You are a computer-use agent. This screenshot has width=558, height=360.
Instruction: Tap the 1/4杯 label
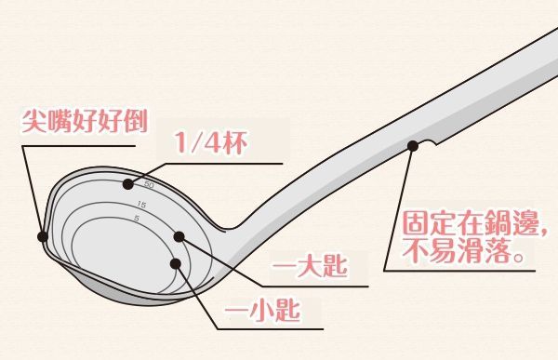pos(209,145)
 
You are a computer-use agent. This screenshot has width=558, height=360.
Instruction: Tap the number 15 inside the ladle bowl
pos(141,204)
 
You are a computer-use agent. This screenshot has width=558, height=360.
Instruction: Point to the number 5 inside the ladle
pos(137,219)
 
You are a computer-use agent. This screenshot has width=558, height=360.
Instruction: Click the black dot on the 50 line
pos(127,184)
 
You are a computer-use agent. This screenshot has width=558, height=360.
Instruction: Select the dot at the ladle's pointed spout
pos(43,235)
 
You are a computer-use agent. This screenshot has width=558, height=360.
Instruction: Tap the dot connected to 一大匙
pos(179,237)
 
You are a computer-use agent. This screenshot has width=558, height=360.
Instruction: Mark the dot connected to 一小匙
pos(176,263)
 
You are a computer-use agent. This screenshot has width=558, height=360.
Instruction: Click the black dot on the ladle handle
pos(413,145)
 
